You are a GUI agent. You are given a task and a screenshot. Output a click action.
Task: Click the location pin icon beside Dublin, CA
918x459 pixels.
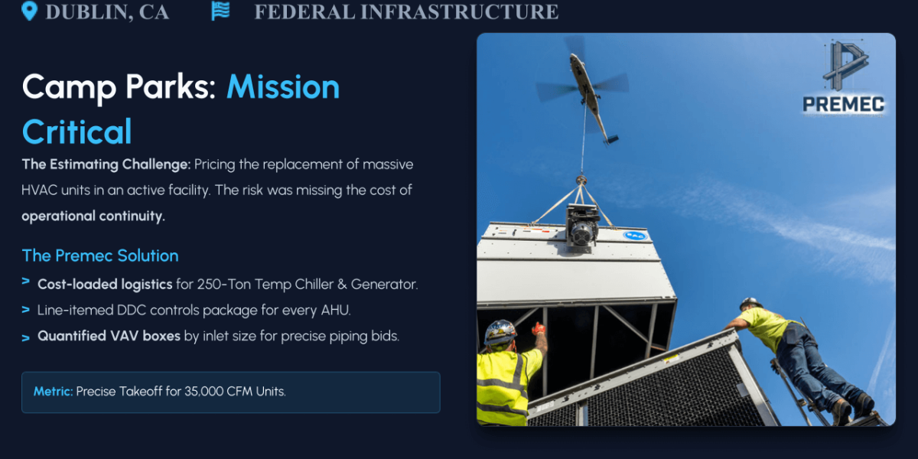tap(30, 11)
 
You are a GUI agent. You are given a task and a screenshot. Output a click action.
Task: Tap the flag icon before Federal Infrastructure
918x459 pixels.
tap(220, 11)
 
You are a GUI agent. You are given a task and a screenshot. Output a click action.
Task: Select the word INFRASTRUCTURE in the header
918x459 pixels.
tap(459, 12)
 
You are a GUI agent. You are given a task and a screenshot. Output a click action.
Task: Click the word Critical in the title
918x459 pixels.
tap(77, 132)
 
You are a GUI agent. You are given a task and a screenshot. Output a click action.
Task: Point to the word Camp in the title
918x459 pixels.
tap(70, 88)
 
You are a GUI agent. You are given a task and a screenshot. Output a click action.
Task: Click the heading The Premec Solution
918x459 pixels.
tap(100, 256)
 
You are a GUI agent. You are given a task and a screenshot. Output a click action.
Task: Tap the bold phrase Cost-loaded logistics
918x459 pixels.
tap(105, 284)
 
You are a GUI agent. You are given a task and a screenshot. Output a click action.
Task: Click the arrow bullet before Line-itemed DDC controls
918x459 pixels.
tap(25, 310)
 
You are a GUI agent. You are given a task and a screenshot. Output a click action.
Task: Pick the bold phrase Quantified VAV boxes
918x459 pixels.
tap(109, 336)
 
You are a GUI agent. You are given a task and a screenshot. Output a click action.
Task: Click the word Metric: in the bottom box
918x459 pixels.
tap(54, 392)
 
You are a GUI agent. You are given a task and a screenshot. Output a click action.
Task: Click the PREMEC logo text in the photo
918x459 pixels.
tap(843, 104)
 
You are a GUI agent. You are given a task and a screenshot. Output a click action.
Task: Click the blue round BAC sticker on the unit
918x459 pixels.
tap(635, 236)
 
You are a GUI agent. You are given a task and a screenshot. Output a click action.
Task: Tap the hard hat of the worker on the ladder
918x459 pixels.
tap(750, 304)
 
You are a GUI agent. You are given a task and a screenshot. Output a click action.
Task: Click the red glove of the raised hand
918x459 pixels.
tap(538, 328)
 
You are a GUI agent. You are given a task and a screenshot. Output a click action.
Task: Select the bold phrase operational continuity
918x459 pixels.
tap(93, 216)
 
